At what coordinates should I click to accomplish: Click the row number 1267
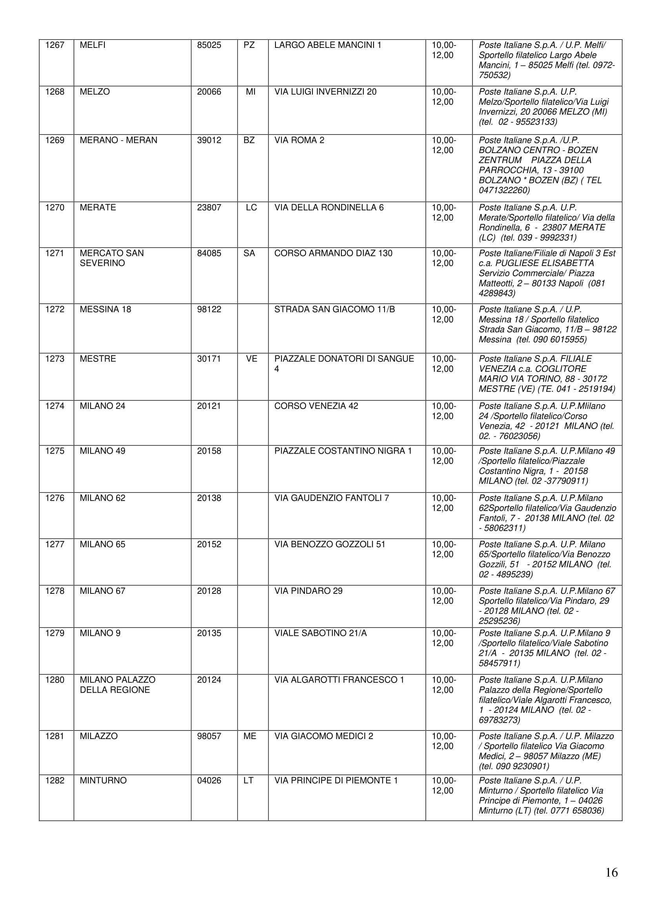coord(55,45)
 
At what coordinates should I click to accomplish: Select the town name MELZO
coord(95,92)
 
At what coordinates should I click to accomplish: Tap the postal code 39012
coord(209,141)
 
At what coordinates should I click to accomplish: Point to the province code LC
coord(251,208)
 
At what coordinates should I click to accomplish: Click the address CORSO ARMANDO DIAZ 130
coord(333,254)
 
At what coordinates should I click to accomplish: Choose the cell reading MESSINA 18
coord(106,309)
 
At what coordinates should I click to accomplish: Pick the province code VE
coord(252,359)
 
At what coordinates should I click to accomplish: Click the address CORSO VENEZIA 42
coord(316,406)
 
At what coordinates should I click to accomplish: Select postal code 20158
coord(209,451)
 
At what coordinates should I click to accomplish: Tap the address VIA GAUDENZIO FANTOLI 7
coord(332,498)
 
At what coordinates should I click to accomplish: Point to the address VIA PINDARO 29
coord(308,591)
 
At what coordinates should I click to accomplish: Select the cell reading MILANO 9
coord(100,633)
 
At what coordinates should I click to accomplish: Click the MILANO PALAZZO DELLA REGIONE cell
coord(117,685)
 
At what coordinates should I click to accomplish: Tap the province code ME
coord(250,736)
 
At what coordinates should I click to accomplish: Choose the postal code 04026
coord(209,781)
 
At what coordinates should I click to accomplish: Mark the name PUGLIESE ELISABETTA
coord(545,263)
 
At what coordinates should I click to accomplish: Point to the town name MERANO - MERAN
coord(118,141)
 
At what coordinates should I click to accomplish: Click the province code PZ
coord(249,45)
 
